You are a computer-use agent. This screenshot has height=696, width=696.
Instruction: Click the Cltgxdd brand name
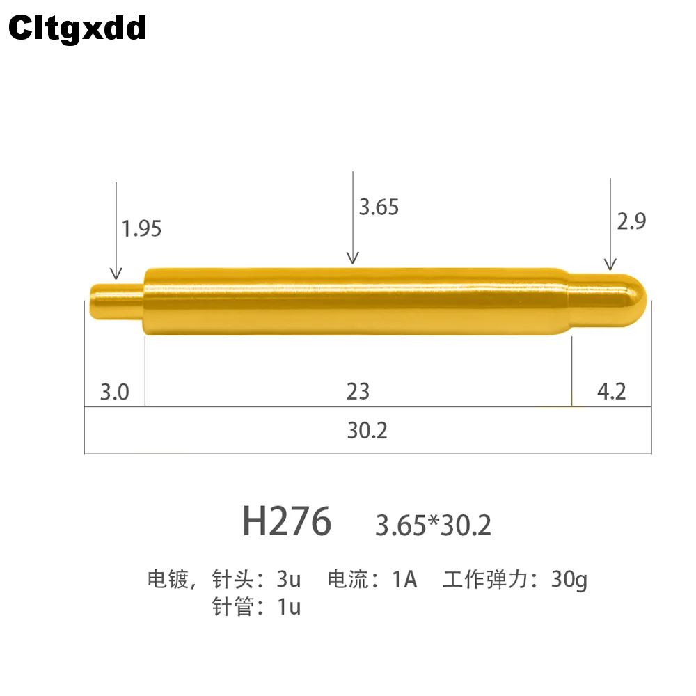(77, 29)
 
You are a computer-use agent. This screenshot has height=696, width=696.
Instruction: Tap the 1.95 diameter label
(141, 228)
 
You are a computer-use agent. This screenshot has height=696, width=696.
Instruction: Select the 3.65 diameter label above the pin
(379, 207)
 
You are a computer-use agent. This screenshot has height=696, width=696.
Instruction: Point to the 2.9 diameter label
(631, 221)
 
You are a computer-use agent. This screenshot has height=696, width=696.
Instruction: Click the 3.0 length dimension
(115, 392)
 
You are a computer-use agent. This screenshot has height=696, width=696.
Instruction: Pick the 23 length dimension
(358, 391)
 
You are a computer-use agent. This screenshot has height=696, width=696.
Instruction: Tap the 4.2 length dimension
(611, 391)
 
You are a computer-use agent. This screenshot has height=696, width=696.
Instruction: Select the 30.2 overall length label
(367, 430)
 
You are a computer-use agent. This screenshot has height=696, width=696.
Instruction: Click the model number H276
(287, 521)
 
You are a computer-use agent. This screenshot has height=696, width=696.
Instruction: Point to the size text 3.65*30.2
(433, 525)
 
